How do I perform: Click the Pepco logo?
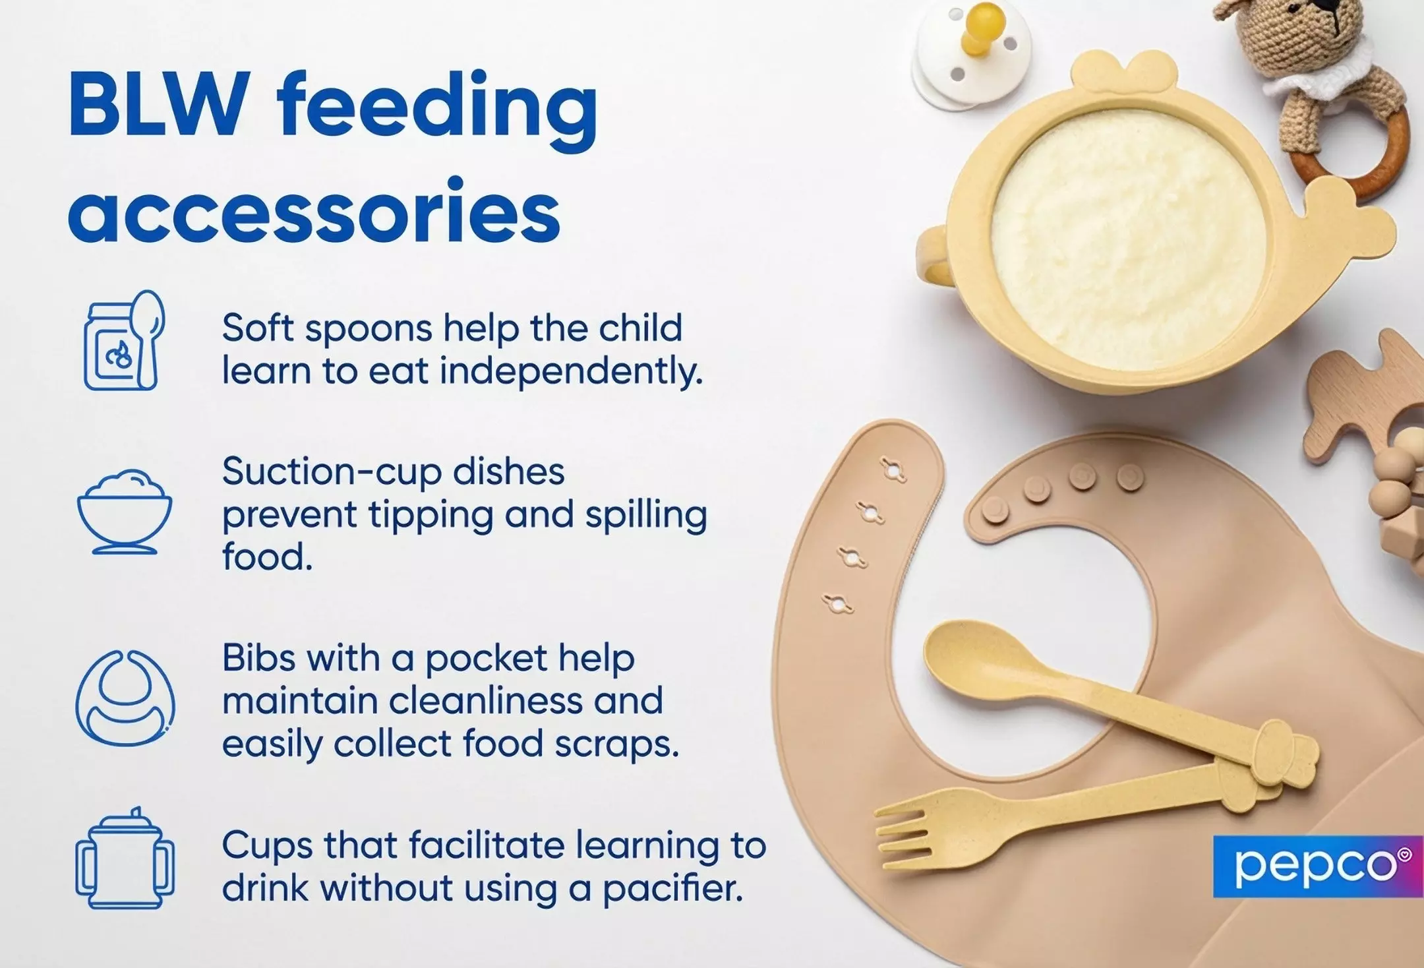coord(1317,866)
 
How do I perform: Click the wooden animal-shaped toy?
coord(1358,402)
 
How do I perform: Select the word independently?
coord(571,371)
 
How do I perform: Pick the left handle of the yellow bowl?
coord(933,254)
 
